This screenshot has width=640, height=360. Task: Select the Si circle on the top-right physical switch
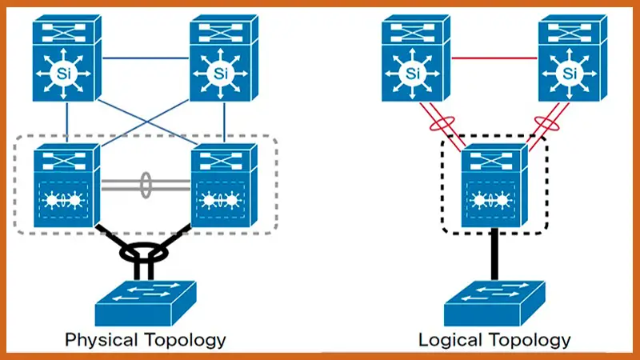222,74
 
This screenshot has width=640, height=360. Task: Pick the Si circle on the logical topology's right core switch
570,74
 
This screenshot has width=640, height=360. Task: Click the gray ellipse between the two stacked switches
146,182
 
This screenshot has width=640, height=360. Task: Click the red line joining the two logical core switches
492,58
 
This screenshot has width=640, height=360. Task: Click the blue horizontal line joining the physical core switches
143,58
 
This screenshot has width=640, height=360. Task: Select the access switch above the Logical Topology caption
493,300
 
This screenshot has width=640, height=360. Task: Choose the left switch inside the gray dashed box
65,182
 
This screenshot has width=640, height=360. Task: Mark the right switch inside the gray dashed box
223,182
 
